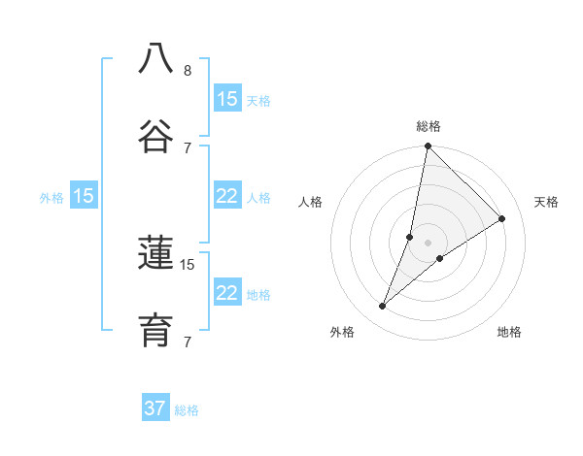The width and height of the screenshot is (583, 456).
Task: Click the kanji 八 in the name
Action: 155,57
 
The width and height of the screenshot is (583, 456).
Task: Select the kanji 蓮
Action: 155,254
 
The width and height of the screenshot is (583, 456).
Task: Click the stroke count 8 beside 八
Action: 188,70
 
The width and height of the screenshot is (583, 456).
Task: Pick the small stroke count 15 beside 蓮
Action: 188,264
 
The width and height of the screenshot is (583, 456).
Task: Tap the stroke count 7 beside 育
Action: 188,342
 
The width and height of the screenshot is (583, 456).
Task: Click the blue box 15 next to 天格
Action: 227,99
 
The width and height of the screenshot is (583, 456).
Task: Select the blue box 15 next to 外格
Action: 84,196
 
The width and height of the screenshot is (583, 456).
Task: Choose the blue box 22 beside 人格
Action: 227,196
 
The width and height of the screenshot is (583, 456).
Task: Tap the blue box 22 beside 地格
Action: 227,293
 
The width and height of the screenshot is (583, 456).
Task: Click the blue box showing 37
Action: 155,408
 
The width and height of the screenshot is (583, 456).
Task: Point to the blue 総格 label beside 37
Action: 187,410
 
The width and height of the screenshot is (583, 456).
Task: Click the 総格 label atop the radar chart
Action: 429,126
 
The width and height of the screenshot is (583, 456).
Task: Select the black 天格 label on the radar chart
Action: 547,202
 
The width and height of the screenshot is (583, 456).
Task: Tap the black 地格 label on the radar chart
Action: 509,332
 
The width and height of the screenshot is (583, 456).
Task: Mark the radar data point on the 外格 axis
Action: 382,307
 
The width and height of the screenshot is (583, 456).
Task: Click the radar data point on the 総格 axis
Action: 428,147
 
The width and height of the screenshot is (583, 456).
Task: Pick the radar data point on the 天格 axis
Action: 502,219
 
